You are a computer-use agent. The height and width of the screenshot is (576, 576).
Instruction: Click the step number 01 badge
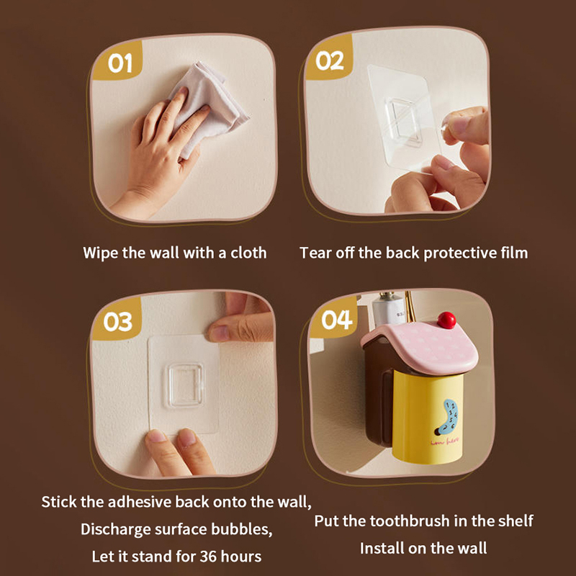pos(117,61)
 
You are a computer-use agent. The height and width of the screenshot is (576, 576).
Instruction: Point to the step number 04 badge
pos(334,318)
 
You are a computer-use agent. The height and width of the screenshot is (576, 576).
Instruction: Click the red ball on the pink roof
pos(446,320)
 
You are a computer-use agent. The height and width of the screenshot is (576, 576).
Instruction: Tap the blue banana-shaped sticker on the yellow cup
pos(447,417)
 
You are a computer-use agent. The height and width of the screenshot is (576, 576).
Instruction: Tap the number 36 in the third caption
pos(208,556)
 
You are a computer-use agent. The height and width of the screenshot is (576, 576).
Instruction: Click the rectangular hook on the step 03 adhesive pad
pos(185,385)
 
